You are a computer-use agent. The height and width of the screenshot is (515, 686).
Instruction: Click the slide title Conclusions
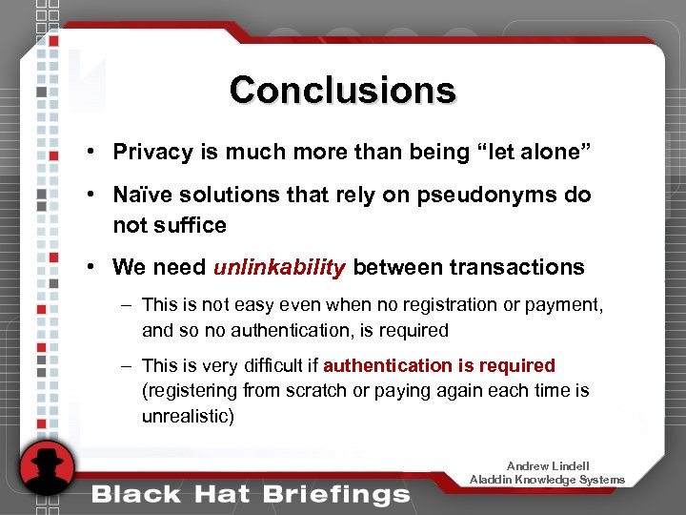coord(342,90)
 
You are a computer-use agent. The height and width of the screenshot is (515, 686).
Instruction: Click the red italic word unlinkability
coord(279,267)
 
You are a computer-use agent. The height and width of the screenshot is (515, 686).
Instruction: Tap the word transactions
coord(516,267)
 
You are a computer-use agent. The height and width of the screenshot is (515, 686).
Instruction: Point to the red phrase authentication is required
coord(438,365)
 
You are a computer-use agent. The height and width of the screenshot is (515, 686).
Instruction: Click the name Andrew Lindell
coord(548,466)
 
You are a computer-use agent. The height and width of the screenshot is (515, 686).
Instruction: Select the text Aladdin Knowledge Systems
coord(548,480)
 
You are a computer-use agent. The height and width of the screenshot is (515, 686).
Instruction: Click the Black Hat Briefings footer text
coord(251,493)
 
